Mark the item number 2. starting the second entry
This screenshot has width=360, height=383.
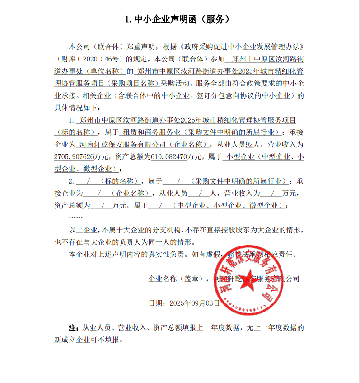71,181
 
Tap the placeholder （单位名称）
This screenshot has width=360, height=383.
105,71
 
